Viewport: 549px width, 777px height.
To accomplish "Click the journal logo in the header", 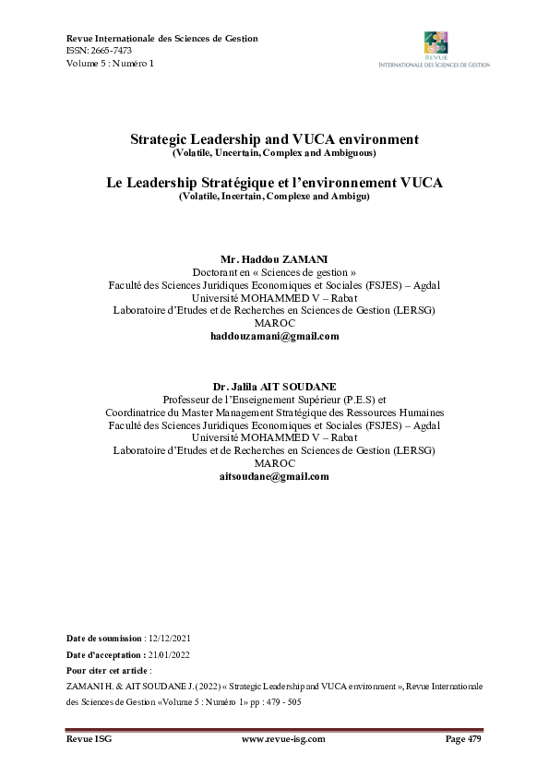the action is point(435,49).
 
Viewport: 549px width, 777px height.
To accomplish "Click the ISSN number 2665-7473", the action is point(110,51).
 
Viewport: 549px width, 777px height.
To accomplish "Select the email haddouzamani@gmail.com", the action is point(274,337).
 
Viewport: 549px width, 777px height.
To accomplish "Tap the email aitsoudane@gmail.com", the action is point(274,476).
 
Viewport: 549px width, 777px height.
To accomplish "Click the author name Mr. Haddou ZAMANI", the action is point(274,259).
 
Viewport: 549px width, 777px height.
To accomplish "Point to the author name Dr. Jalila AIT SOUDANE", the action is point(274,386).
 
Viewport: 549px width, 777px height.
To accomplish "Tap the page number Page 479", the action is point(463,740).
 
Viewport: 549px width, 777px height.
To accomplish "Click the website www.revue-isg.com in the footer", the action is point(274,740).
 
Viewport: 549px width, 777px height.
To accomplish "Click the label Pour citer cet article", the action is point(109,670).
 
